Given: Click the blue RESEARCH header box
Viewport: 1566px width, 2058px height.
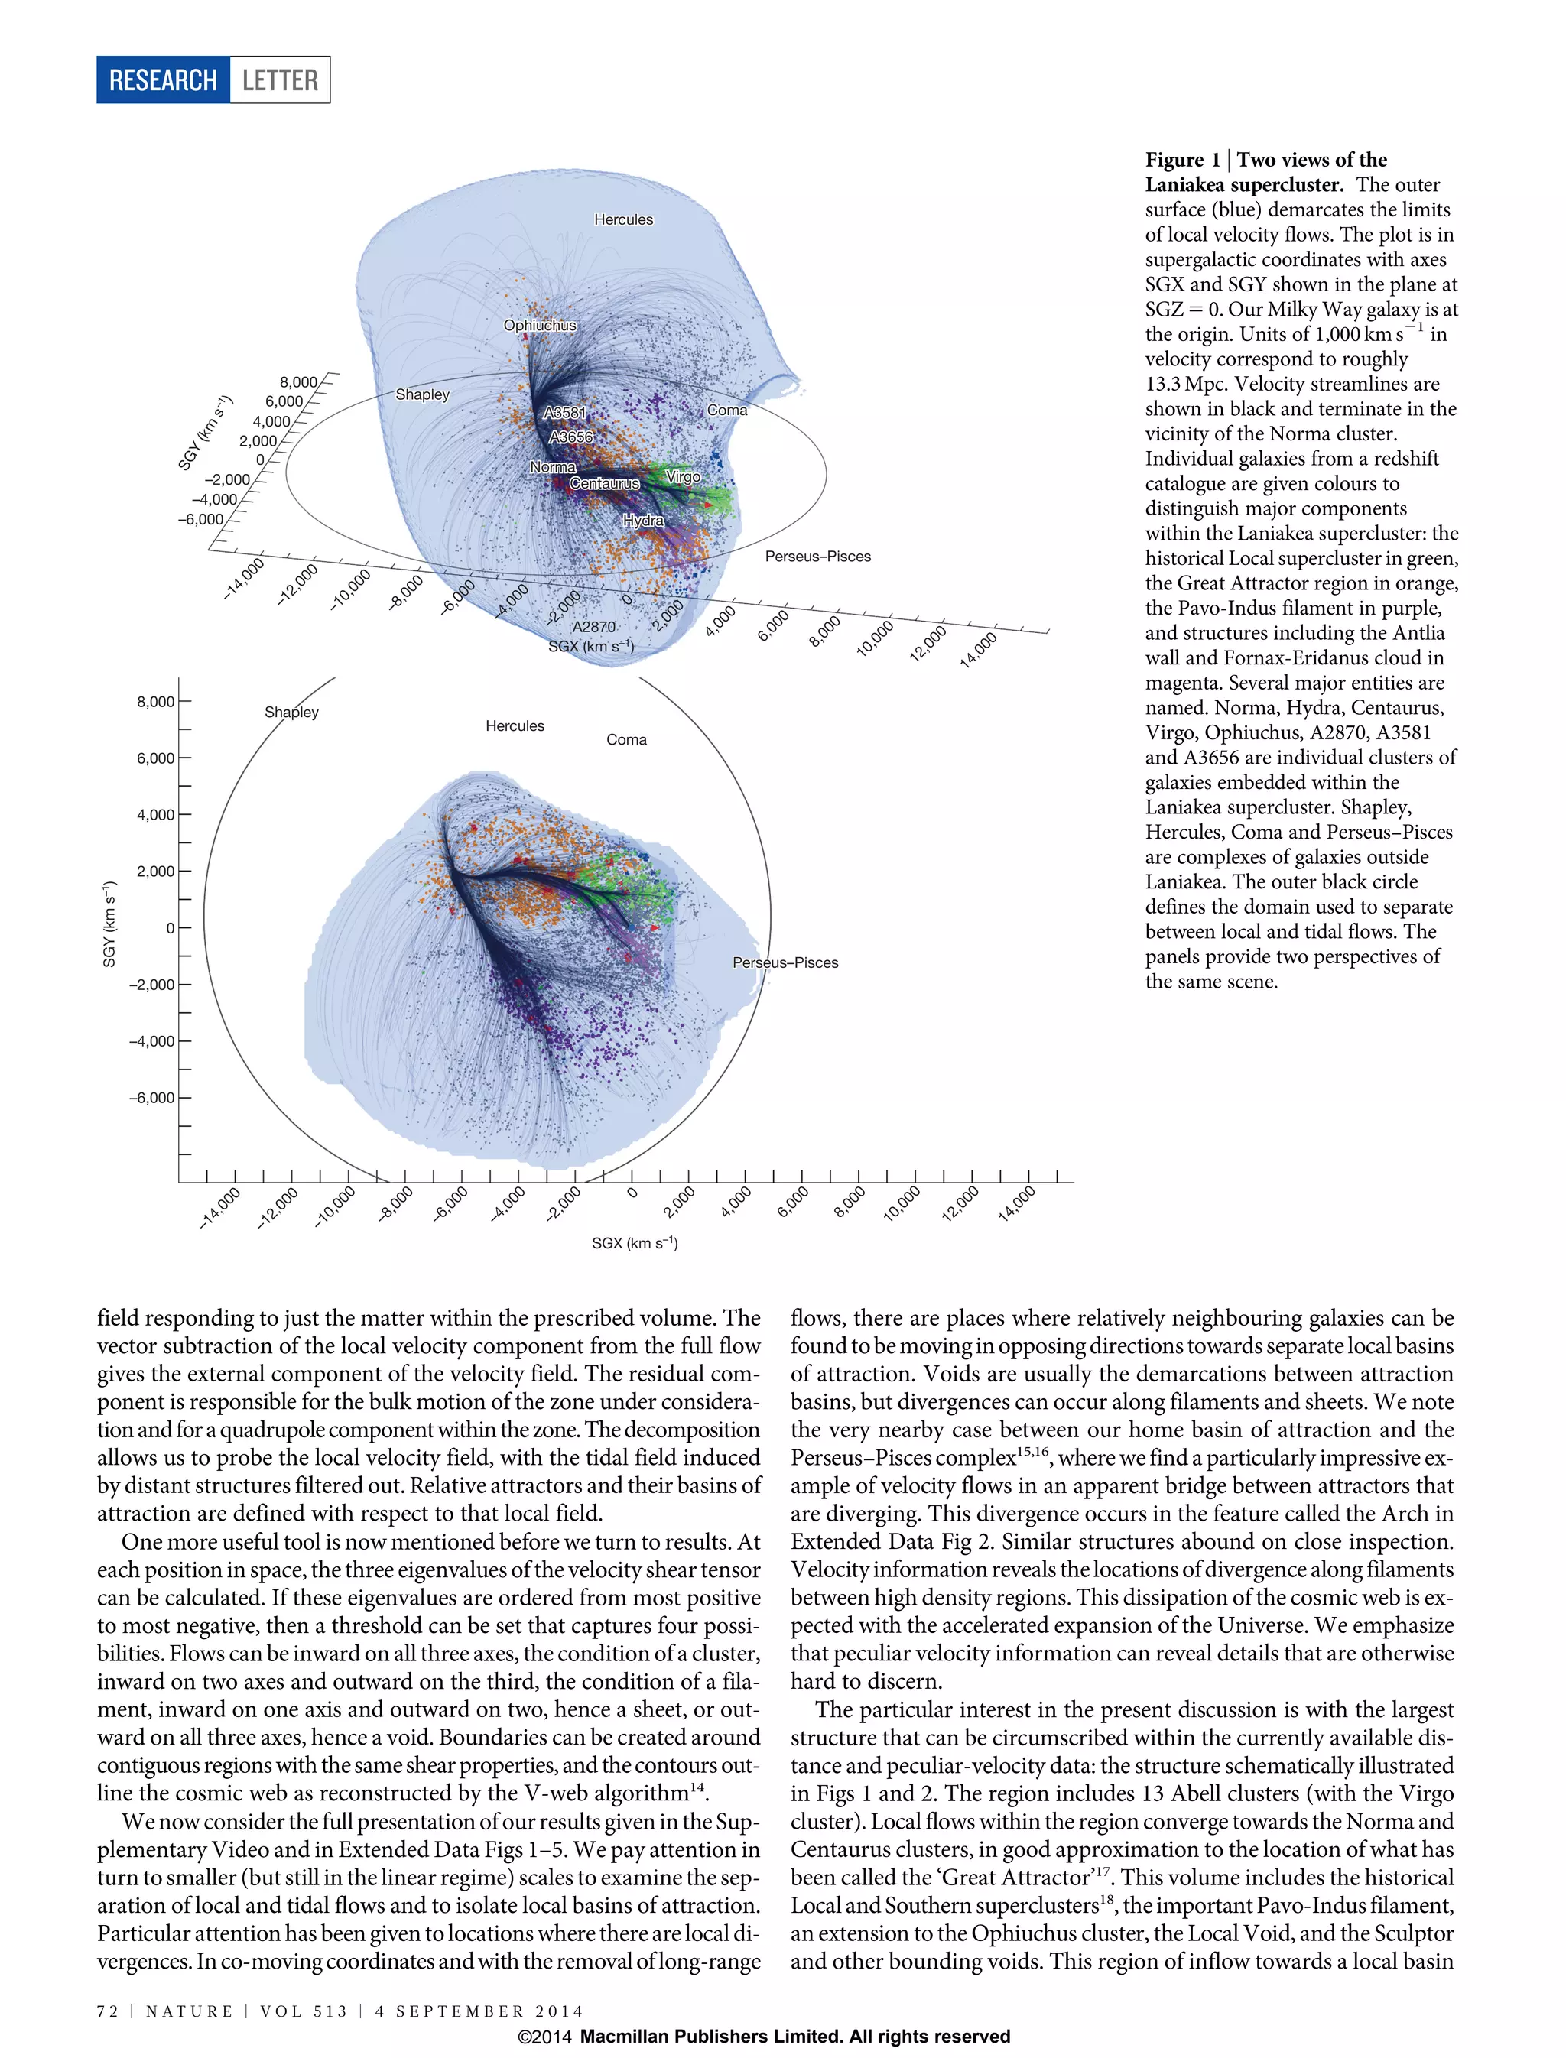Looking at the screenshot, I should [163, 80].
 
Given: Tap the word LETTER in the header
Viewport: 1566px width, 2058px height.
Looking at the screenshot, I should [280, 80].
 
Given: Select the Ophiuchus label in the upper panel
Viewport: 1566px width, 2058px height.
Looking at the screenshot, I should [540, 326].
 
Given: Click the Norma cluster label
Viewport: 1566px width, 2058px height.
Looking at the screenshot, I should [553, 467].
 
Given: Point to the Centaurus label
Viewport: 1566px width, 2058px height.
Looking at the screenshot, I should [604, 484].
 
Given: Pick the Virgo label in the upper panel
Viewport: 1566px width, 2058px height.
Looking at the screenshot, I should [684, 476].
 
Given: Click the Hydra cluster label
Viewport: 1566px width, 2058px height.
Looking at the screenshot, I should [643, 520].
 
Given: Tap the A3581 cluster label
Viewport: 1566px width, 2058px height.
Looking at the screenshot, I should [565, 412].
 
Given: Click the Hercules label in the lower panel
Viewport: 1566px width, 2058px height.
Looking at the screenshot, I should [515, 726].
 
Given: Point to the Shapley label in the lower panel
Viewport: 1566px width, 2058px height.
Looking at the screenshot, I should [292, 712].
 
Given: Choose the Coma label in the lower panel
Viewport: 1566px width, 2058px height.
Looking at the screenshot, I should [626, 740].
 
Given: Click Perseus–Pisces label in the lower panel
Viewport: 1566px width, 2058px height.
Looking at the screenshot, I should [785, 962].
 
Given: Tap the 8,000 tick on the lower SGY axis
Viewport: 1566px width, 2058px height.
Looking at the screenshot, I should [156, 702].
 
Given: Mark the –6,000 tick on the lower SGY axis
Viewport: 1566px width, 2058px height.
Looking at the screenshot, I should [151, 1098].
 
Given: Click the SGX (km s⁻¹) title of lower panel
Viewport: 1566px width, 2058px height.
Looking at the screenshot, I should [634, 1243].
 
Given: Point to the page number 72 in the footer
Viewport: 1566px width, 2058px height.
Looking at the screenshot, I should [107, 2011].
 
